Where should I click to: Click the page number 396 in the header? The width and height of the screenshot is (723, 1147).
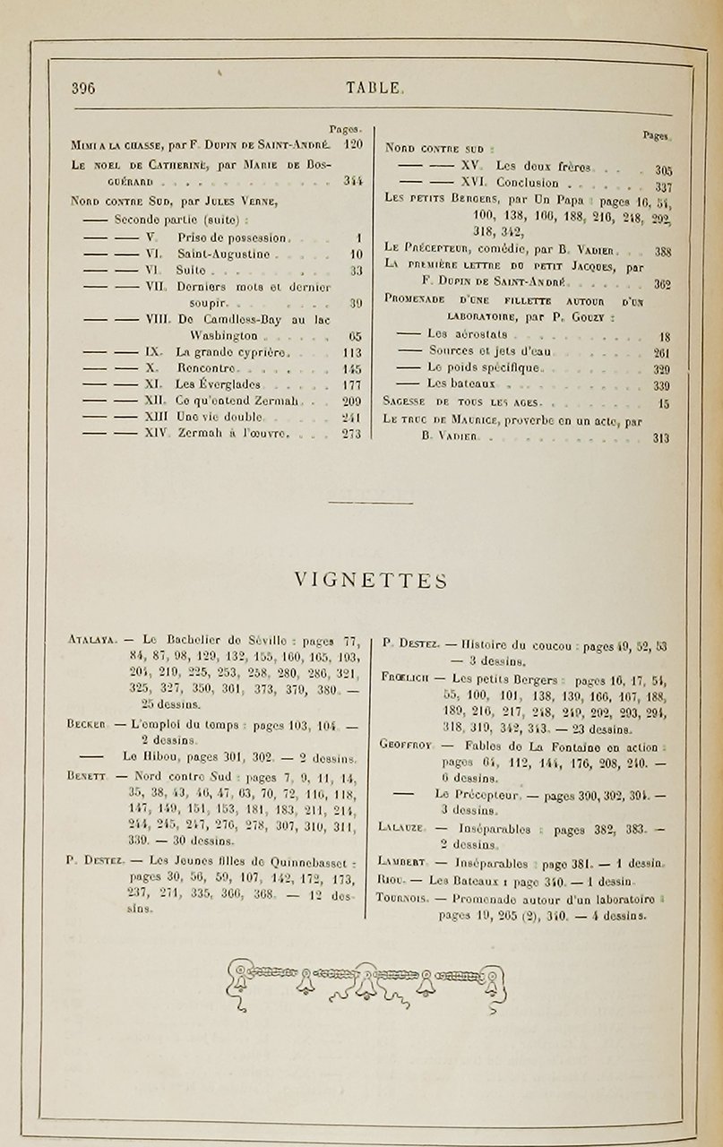click(83, 88)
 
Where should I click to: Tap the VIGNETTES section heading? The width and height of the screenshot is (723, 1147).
click(371, 582)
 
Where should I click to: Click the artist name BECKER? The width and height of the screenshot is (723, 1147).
click(87, 723)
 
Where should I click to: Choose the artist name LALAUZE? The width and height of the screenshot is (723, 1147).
click(400, 830)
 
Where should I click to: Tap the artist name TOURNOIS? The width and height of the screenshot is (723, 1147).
click(401, 897)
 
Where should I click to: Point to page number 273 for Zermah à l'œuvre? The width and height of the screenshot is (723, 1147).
click(351, 434)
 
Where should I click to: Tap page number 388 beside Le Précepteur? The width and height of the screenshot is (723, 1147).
click(662, 253)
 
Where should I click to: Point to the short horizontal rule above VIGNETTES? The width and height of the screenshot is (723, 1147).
click(370, 503)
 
